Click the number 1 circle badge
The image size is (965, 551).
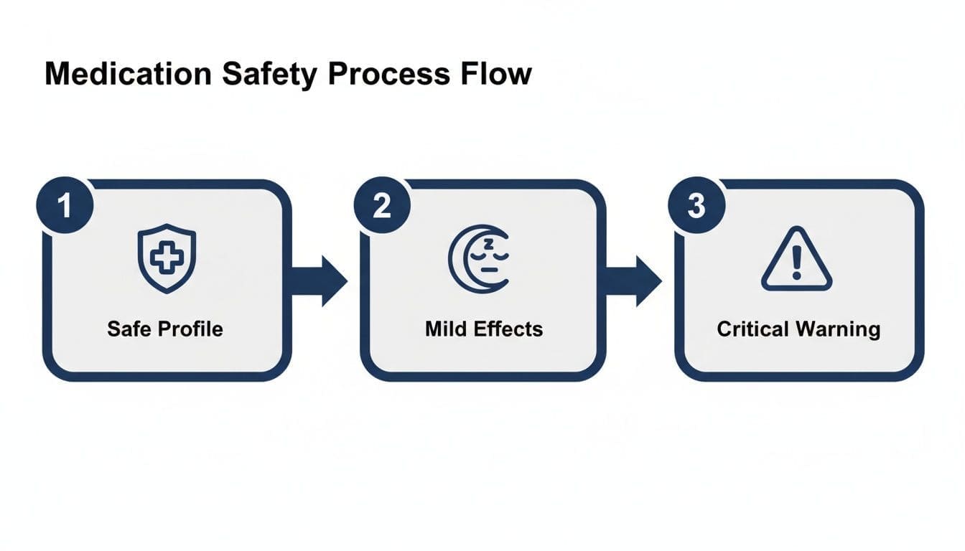click(65, 207)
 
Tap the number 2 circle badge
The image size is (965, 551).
click(382, 207)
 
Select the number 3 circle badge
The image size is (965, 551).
click(696, 207)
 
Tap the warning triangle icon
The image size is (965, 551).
click(796, 260)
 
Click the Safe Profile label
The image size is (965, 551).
click(165, 329)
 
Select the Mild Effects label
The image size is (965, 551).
click(484, 329)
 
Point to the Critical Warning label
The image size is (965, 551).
click(798, 329)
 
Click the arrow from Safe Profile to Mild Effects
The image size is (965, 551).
click(319, 281)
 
